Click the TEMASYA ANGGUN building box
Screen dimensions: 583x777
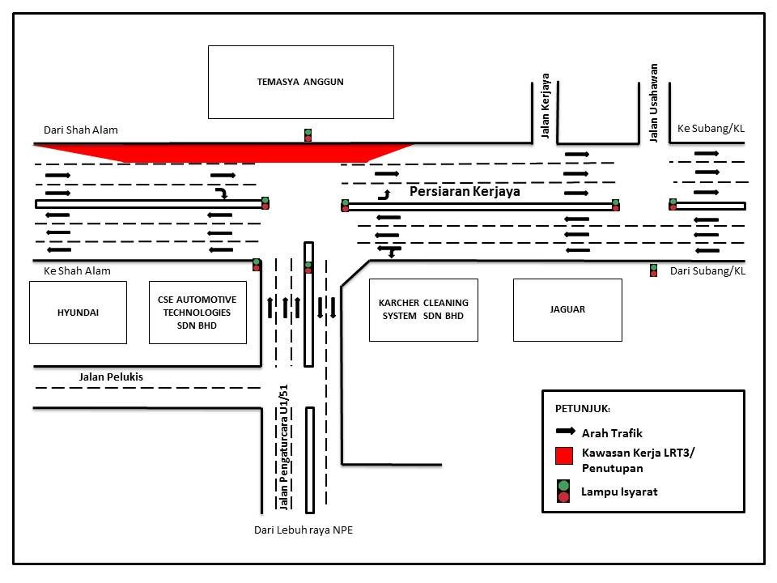point(300,82)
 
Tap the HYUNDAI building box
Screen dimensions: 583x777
point(79,312)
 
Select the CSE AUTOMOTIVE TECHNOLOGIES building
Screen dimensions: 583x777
point(197,312)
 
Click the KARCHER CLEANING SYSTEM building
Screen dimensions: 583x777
point(423,309)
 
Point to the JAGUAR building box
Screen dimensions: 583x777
point(567,309)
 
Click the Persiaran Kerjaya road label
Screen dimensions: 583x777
point(464,193)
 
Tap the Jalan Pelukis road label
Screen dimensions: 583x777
point(111,377)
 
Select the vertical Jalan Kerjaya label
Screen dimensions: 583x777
point(546,106)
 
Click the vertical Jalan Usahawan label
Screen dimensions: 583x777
point(654,103)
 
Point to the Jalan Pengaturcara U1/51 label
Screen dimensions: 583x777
point(283,447)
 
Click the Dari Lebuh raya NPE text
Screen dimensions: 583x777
point(304,531)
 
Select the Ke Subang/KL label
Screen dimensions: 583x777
point(710,128)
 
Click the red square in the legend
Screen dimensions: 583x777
point(564,457)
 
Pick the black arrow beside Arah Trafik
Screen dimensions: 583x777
point(564,432)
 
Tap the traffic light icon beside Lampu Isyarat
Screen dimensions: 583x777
point(563,491)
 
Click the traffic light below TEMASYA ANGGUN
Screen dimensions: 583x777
point(308,134)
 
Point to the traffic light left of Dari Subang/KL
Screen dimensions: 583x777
point(653,270)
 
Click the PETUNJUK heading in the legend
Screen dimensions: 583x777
point(583,407)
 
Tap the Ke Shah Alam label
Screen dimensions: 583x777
point(77,270)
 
